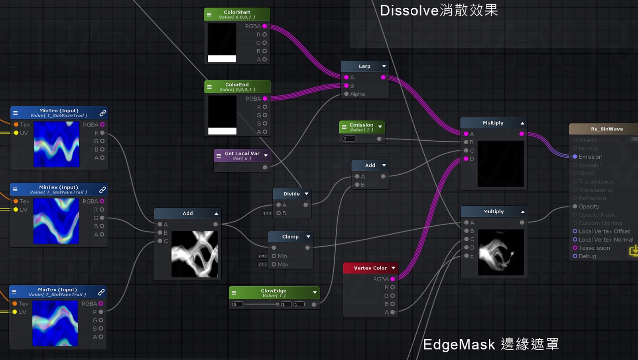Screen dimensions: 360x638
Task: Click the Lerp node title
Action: coord(364,66)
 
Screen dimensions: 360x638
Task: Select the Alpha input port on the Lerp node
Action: coord(347,94)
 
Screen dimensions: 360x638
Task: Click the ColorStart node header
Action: coord(237,14)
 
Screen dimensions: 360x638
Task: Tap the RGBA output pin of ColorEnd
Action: coord(265,98)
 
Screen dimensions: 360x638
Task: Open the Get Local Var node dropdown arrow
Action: coord(266,155)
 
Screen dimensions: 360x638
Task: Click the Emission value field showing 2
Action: coord(349,139)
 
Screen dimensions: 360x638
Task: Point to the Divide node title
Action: coord(291,194)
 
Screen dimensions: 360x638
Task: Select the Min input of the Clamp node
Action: coord(274,256)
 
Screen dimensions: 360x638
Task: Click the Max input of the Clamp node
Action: coord(274,264)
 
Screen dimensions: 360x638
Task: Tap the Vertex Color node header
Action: coord(370,268)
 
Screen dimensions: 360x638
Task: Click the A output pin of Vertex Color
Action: coord(392,312)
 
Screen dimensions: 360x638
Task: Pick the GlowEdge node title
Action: coord(274,293)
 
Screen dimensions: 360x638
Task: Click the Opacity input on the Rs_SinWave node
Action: coord(575,207)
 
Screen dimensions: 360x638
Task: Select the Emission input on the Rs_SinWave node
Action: coord(575,157)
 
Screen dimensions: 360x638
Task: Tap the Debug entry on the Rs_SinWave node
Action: coord(587,256)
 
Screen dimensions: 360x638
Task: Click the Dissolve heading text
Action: coord(439,10)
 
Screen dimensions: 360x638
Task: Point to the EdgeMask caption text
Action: coord(490,344)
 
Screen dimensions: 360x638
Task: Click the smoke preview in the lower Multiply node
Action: coord(501,252)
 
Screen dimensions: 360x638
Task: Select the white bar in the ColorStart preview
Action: coord(222,59)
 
